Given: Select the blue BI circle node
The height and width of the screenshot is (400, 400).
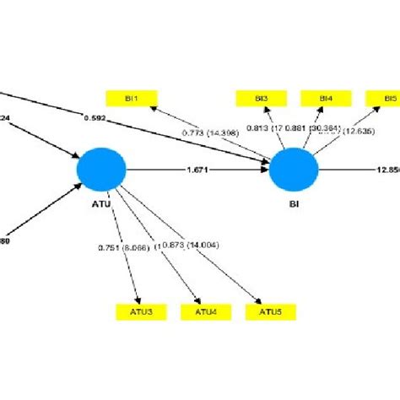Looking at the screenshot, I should pyautogui.click(x=294, y=170).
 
